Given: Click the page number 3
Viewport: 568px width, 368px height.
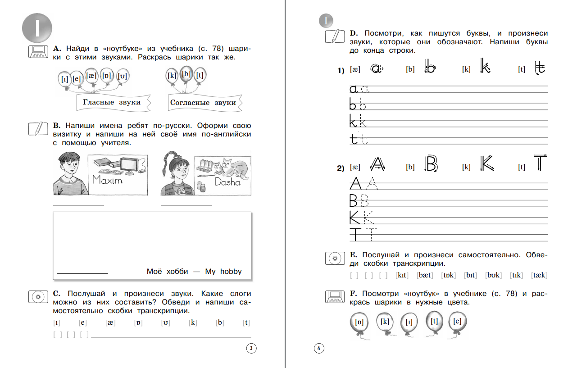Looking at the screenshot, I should coord(251,348).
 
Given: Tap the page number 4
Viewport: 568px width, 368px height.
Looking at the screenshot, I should coord(318,348).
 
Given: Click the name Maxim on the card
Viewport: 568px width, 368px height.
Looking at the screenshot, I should coord(107,180).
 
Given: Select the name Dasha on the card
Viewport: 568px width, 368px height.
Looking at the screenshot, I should coord(227,182).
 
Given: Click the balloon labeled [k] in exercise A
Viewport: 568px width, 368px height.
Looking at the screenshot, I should coord(172,76).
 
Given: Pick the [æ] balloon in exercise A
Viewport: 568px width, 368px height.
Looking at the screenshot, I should coord(92,75).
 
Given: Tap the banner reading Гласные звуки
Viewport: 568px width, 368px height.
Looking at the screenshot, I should coord(111,102).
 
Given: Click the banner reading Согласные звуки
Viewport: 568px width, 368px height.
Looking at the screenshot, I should coord(203,103).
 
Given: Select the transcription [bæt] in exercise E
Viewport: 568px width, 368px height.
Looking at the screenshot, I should coord(424,275).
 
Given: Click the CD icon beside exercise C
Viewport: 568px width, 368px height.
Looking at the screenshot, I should coord(38,297).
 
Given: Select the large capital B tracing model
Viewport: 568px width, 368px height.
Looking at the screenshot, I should coord(431,164).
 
